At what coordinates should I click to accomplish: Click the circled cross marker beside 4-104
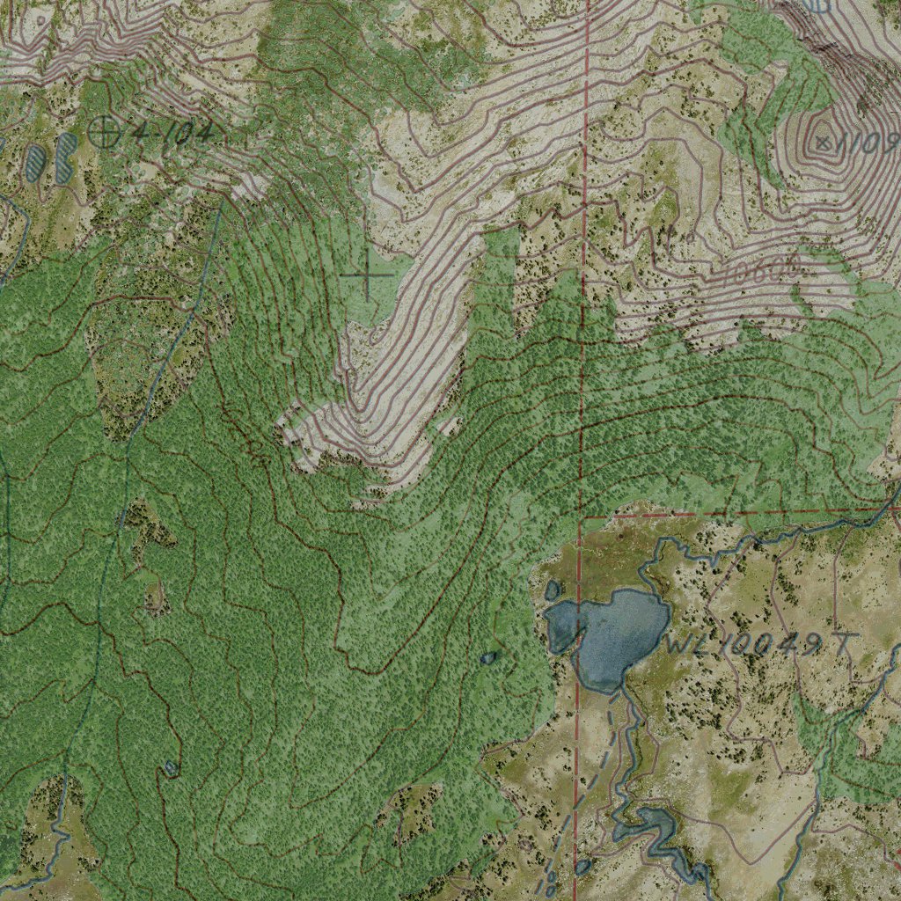coord(105,132)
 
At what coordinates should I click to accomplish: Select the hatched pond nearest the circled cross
coord(64,158)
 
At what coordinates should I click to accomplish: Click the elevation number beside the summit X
coord(870,143)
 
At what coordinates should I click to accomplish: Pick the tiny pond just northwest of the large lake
coord(553,589)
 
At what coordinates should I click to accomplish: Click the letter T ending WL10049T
coord(842,644)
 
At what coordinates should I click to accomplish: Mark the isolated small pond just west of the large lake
coord(488,656)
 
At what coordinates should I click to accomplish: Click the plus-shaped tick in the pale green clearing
coord(366,275)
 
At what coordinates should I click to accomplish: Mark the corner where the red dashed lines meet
coord(582,516)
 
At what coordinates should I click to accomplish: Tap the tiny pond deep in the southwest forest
coord(170,768)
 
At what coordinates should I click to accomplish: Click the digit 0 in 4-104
coord(181,133)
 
